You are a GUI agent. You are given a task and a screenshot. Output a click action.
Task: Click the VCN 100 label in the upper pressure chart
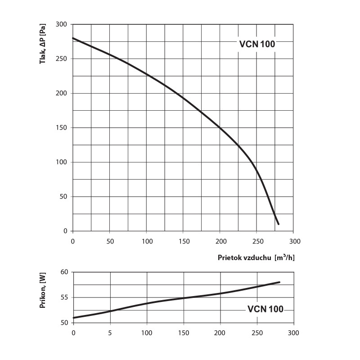(x=256, y=44)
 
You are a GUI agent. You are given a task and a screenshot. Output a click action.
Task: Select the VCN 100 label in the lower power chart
(x=265, y=309)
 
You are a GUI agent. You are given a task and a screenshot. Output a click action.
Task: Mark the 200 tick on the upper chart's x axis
(x=220, y=241)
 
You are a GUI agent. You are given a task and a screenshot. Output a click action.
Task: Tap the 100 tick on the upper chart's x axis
(x=147, y=241)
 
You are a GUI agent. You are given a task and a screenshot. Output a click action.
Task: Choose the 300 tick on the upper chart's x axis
(x=293, y=241)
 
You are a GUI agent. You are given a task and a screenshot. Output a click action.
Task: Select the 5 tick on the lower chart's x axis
(x=110, y=333)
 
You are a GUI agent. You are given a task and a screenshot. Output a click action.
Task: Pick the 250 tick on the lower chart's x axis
(x=256, y=333)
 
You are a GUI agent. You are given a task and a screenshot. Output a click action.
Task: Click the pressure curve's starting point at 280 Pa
(x=73, y=38)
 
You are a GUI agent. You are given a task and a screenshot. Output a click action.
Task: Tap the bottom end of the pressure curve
(x=279, y=224)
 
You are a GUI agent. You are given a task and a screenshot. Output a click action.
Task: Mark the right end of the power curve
(x=279, y=282)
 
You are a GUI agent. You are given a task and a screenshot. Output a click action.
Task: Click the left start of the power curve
(x=74, y=318)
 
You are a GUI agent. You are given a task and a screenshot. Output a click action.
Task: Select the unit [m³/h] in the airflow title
(x=285, y=258)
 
